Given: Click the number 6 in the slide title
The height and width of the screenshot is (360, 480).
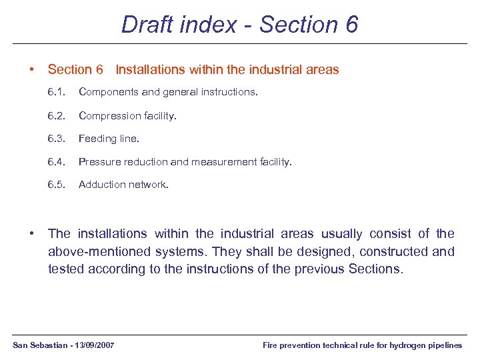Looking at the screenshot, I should [351, 25].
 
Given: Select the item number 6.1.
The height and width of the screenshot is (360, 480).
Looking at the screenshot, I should [56, 93].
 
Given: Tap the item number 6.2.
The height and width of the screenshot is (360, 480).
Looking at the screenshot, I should [56, 115].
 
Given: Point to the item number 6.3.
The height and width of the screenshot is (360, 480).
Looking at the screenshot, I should [56, 139].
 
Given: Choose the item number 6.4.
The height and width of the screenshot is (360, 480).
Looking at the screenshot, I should [56, 161].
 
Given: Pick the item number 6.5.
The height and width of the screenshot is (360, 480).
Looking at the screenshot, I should [56, 184].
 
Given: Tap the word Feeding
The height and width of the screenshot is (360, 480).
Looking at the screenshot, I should [97, 139].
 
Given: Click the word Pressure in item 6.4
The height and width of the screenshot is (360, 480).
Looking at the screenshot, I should [99, 161].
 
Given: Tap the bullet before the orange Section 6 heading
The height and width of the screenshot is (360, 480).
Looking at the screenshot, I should [32, 69].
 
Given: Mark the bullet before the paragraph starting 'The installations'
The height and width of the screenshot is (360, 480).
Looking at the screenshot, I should [32, 233].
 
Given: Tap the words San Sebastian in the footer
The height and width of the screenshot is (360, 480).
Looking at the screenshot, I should [37, 345].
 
